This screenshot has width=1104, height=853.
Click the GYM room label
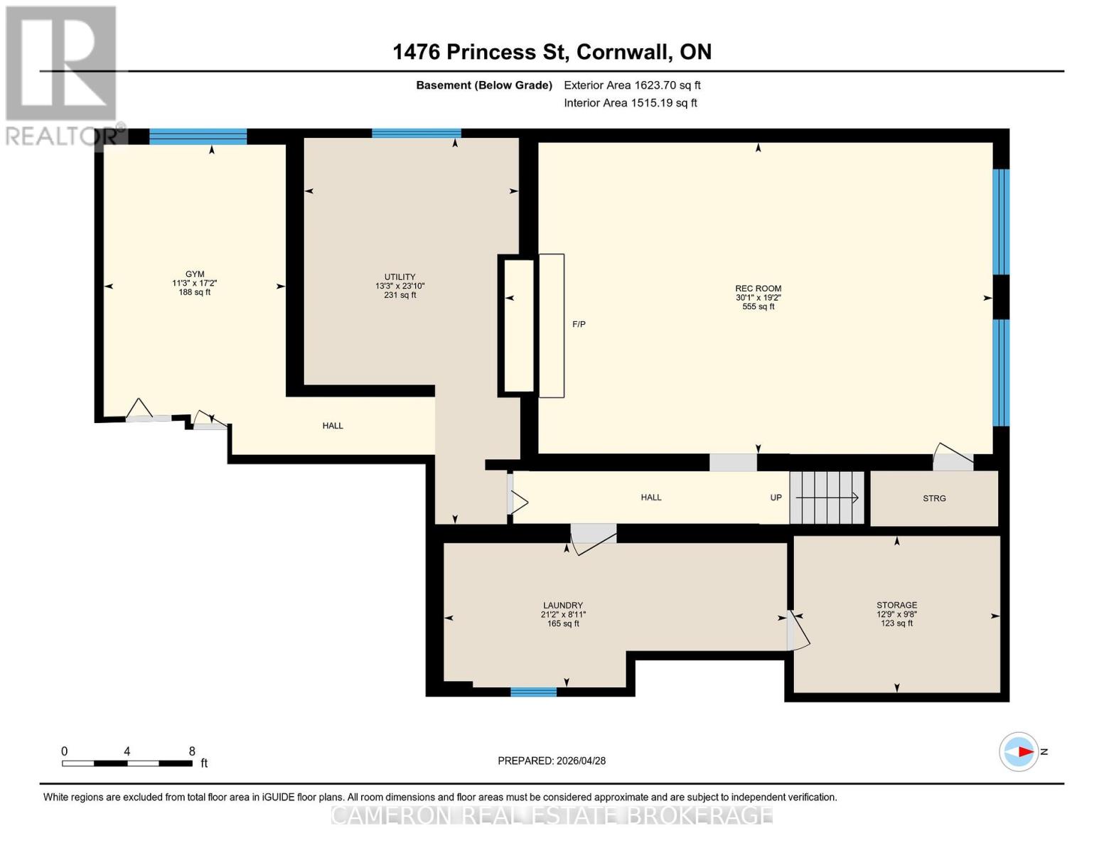(195, 274)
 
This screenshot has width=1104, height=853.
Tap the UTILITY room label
(400, 277)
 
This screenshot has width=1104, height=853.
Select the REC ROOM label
(758, 289)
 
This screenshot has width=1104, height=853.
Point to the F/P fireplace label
(579, 324)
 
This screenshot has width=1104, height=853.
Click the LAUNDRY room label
(563, 605)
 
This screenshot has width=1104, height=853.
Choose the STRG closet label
(934, 498)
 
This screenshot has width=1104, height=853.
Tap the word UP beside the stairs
(776, 498)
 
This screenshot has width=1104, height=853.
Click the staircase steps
(827, 498)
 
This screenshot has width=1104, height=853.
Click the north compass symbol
(1019, 752)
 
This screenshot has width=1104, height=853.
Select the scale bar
(127, 763)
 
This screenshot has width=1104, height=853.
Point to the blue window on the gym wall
(198, 136)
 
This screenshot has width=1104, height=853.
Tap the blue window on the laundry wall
(533, 692)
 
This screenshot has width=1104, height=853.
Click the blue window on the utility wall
(417, 133)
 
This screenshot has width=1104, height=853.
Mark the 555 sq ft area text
(758, 307)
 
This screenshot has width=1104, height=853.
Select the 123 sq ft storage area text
(896, 623)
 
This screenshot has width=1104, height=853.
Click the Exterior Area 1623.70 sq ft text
(632, 85)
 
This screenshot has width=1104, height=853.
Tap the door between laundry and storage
(798, 631)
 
